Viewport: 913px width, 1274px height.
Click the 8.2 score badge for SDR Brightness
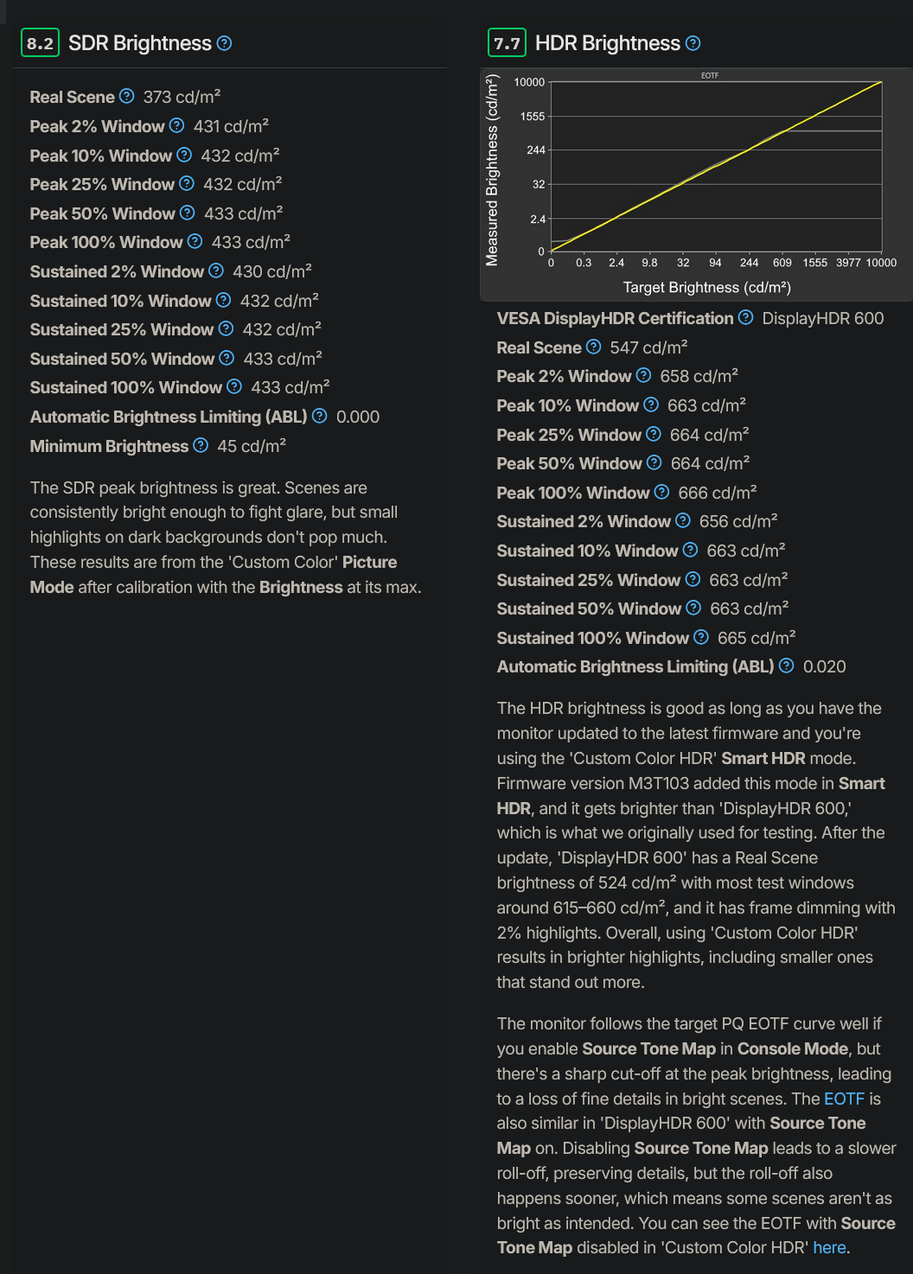[40, 43]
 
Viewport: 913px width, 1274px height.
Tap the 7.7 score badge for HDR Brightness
[507, 43]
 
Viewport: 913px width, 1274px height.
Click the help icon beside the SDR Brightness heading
[224, 43]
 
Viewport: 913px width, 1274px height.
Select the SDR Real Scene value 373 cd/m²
[182, 97]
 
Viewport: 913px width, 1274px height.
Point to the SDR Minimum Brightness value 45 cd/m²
[252, 446]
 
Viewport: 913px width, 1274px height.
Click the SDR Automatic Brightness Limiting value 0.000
[358, 417]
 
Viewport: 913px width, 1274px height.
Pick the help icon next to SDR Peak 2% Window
[177, 125]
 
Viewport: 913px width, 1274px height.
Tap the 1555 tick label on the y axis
[533, 117]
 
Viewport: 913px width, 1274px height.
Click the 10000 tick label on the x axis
[881, 263]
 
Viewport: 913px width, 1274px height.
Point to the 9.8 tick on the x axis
[649, 263]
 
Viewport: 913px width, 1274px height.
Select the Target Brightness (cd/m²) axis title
[707, 287]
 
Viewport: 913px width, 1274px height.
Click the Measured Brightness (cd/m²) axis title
[493, 170]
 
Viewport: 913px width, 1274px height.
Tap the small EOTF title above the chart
[710, 76]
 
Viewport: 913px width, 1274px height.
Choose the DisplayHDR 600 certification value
[823, 318]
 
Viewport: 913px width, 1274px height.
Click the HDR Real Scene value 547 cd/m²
[648, 347]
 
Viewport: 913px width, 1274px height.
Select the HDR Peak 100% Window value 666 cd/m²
[718, 493]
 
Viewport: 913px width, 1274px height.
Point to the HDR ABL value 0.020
[825, 666]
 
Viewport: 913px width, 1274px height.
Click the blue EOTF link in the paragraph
[844, 1099]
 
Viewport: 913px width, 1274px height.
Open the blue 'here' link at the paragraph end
[829, 1247]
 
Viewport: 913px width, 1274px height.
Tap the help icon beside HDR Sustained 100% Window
[701, 637]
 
